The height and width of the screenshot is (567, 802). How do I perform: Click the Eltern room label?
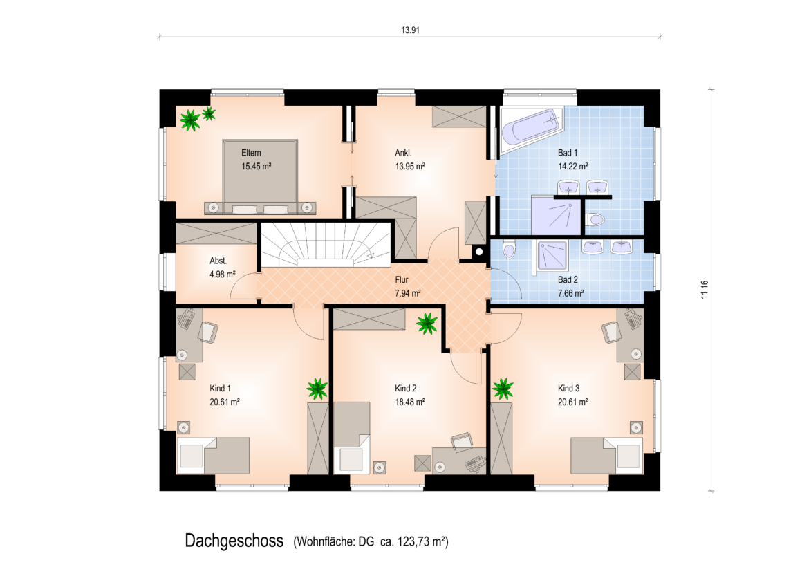(251, 153)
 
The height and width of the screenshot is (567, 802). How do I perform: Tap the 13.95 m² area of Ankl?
(410, 167)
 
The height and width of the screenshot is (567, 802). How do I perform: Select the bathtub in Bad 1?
(530, 128)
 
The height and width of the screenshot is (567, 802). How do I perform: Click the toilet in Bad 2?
(508, 251)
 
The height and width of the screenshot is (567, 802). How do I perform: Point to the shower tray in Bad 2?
(552, 255)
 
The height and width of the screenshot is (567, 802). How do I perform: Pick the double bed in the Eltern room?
(260, 176)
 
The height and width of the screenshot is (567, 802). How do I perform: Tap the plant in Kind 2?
(427, 323)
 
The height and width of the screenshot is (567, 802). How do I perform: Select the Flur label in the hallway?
(402, 279)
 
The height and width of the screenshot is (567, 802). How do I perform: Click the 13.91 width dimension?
(410, 30)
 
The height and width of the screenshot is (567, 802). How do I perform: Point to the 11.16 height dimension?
(705, 290)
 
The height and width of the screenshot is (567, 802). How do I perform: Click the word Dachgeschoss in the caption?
(234, 541)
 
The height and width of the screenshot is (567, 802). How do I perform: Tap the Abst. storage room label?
(218, 261)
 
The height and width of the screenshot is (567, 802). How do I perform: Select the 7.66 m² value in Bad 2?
(571, 293)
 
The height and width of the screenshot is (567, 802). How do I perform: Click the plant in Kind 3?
(503, 389)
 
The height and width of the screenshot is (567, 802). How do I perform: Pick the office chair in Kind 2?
(462, 442)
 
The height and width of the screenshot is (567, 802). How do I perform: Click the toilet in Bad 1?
(595, 219)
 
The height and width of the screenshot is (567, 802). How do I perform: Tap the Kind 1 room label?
(220, 388)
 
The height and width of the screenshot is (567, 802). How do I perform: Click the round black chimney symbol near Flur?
(478, 251)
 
